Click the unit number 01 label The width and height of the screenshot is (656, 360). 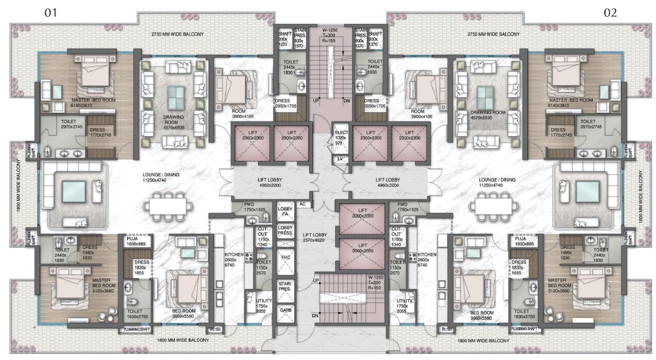50,13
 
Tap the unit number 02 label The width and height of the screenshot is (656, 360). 610,13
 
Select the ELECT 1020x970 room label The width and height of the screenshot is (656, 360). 342,137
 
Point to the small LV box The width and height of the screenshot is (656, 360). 340,159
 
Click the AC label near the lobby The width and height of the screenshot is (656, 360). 302,204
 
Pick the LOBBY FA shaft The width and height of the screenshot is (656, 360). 285,211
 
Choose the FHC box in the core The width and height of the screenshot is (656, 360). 285,257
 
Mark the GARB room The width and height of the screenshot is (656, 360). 285,310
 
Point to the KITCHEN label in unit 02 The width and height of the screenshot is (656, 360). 427,254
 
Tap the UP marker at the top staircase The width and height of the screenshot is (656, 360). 315,100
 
